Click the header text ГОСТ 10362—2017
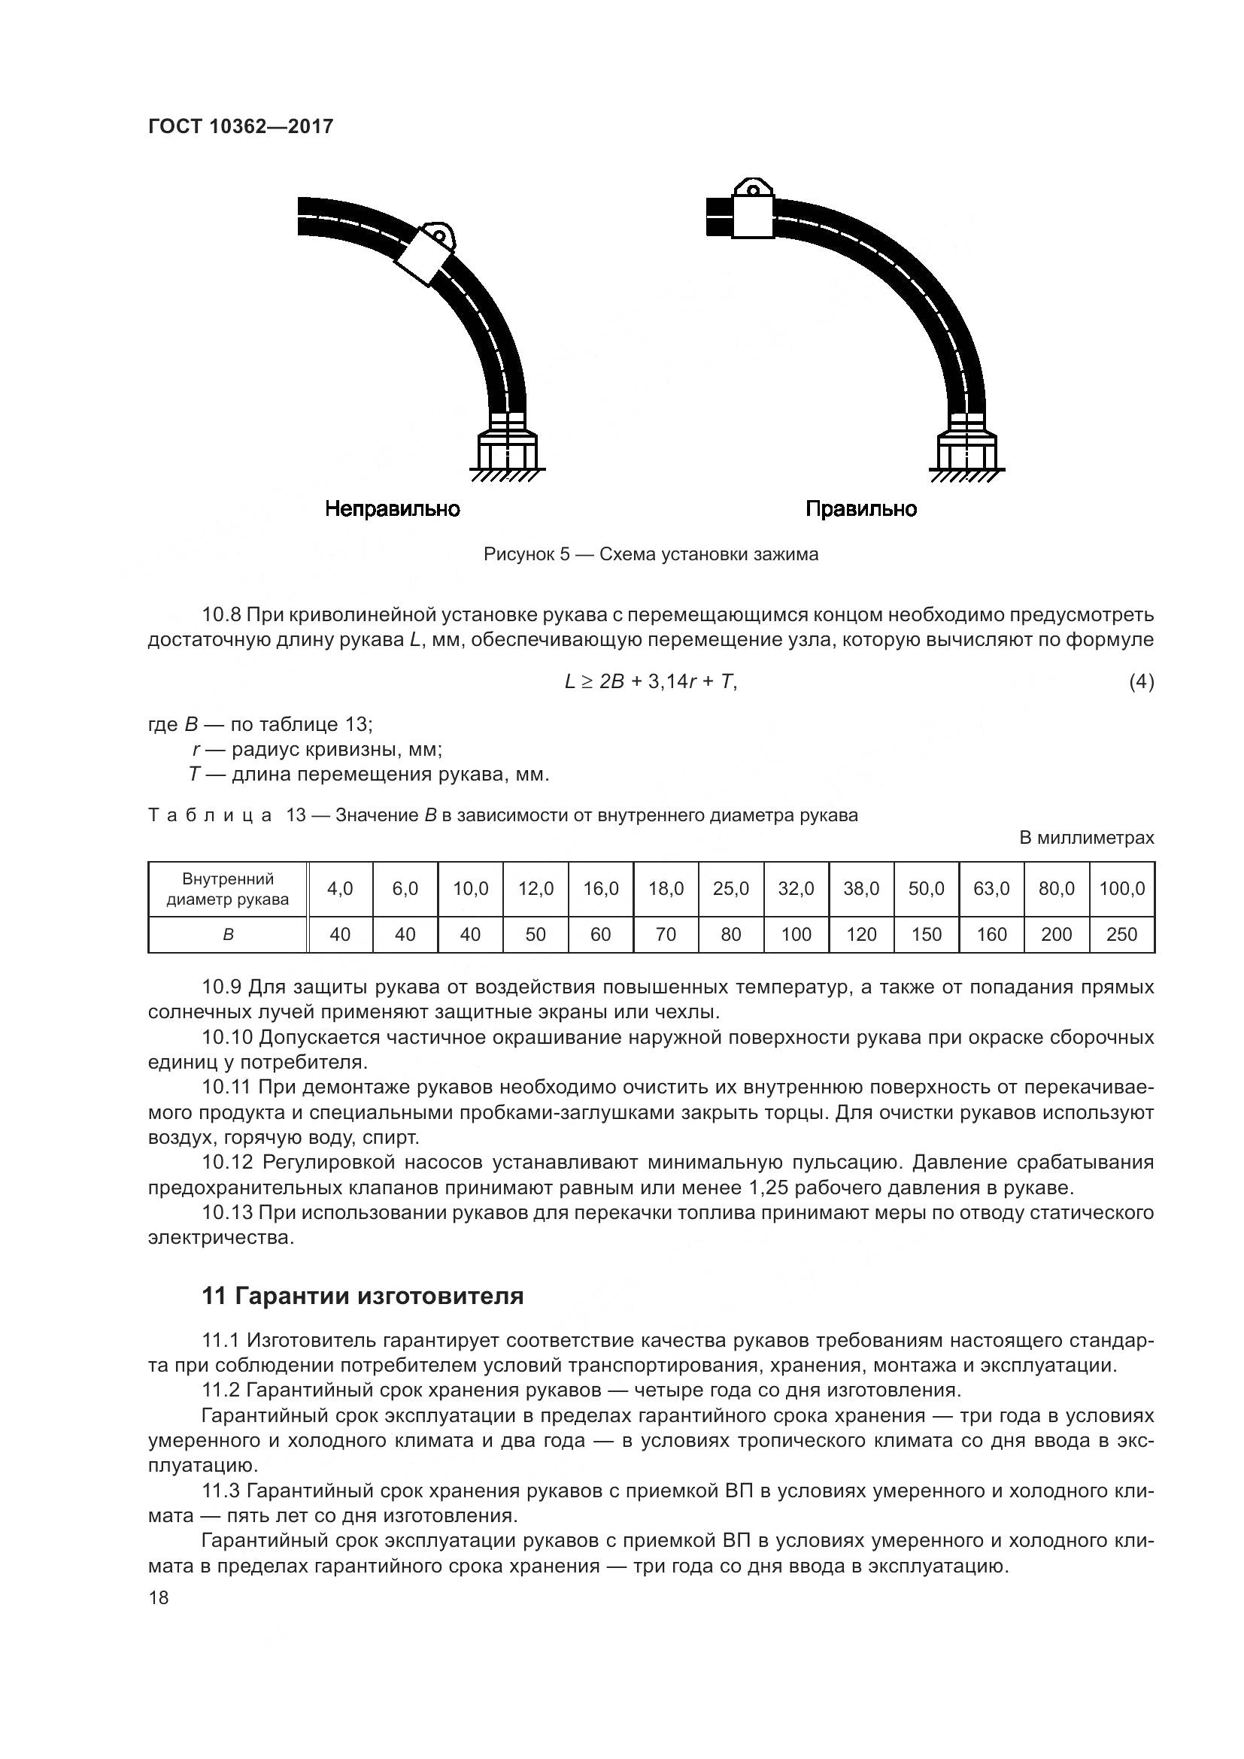point(241,126)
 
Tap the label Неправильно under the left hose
point(392,508)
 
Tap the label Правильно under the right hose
point(861,508)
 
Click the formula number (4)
point(1141,681)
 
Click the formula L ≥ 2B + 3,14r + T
point(651,681)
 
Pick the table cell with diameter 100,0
point(1121,889)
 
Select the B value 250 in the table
point(1121,934)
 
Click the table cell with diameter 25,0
point(731,889)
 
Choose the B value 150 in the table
point(926,934)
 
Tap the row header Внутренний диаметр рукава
point(227,889)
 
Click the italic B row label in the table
point(227,935)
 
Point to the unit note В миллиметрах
point(1086,838)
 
